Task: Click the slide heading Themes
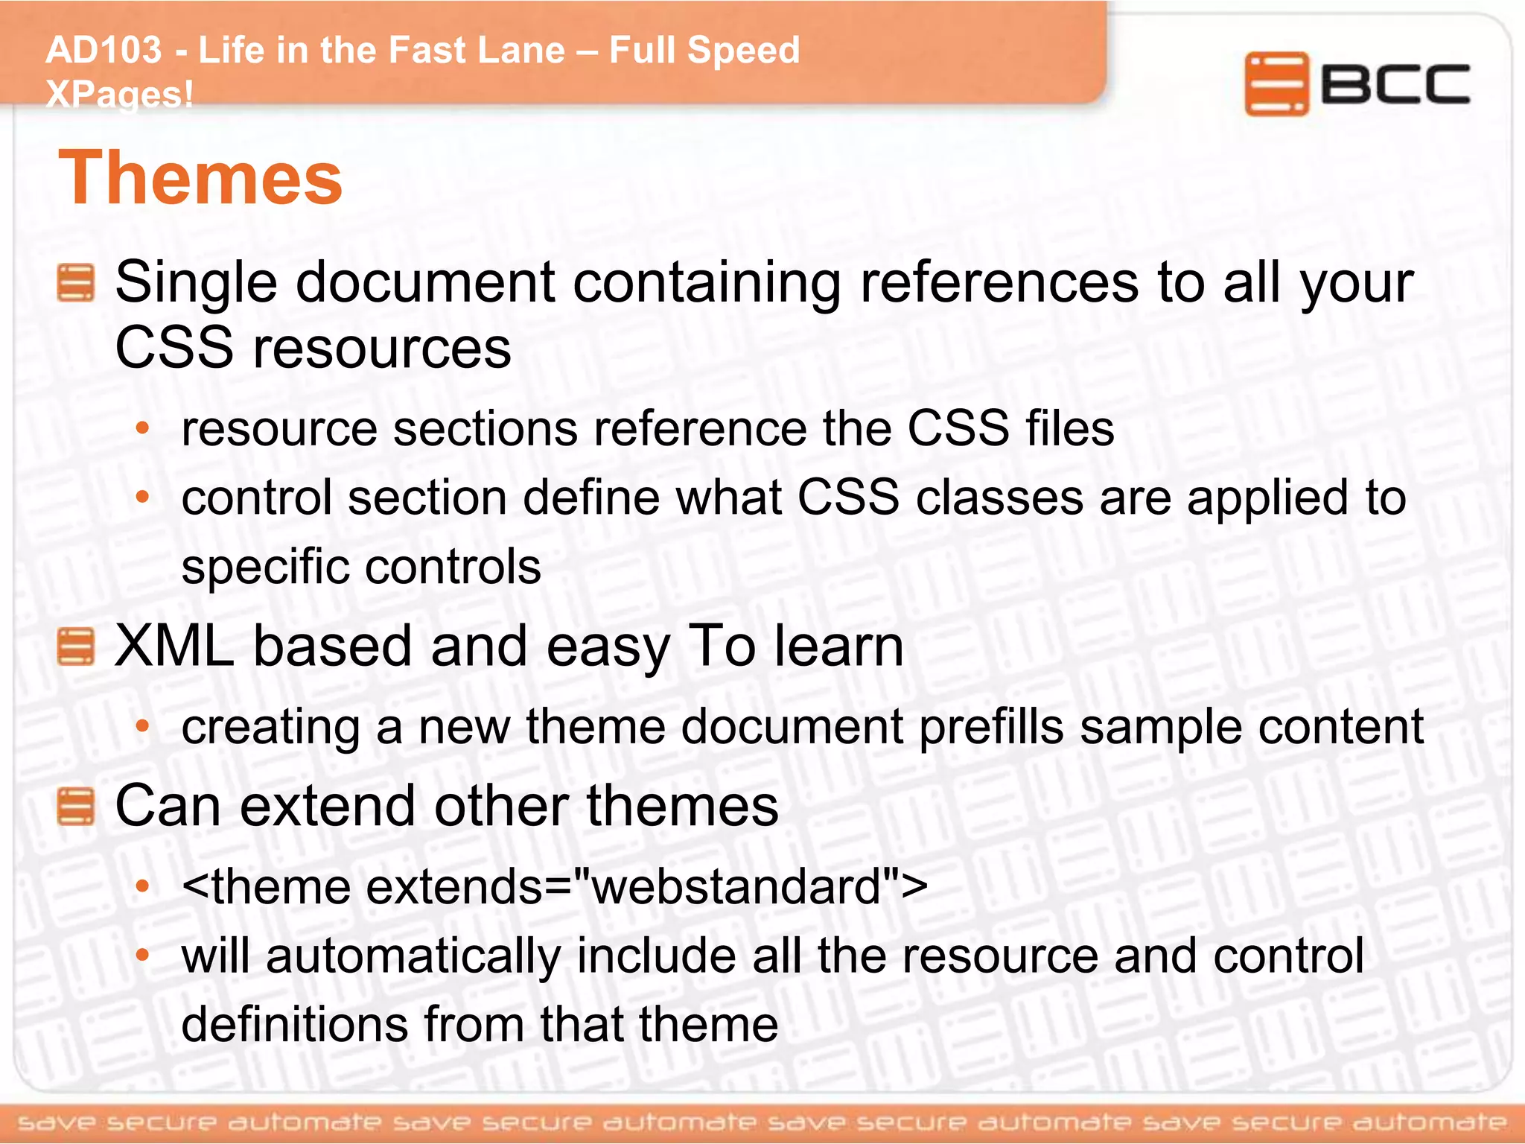[200, 179]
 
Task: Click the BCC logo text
[1395, 84]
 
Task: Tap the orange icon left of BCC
[1276, 83]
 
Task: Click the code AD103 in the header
[104, 51]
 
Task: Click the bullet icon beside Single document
[75, 283]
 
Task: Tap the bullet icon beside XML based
[75, 646]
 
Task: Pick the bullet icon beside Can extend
[75, 807]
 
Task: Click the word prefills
[991, 727]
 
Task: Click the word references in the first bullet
[999, 283]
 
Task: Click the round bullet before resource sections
[143, 429]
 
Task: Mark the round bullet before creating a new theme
[143, 725]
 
